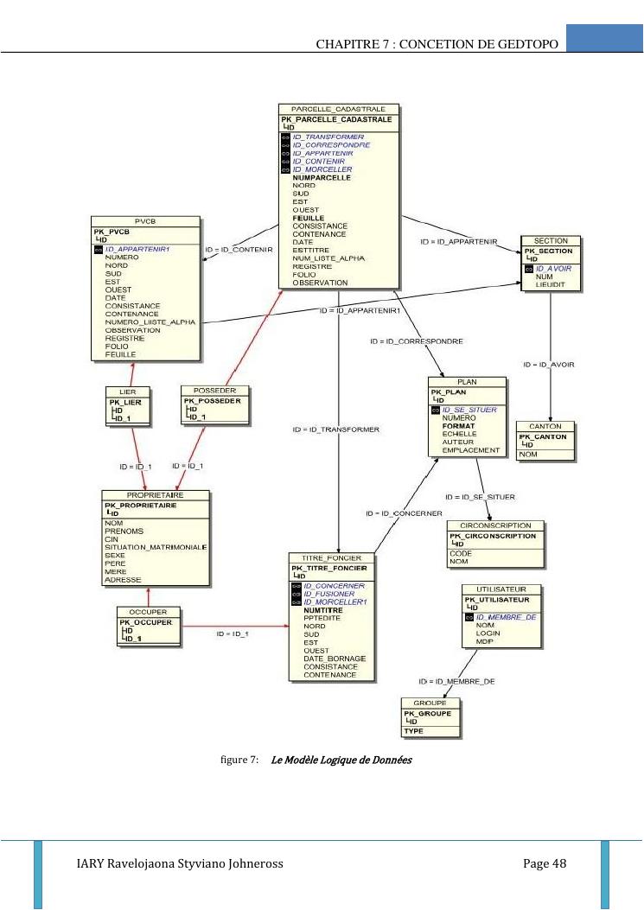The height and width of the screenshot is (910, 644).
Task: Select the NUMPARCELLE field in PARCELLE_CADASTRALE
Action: point(322,177)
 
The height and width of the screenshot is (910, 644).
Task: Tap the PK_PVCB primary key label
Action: point(112,231)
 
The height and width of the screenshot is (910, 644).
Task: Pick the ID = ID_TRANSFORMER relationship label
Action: point(335,430)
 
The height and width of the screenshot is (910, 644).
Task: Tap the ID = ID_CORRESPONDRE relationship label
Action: point(416,341)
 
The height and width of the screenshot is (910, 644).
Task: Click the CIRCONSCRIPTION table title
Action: point(496,525)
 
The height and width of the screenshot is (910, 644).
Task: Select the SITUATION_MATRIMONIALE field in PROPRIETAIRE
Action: point(155,547)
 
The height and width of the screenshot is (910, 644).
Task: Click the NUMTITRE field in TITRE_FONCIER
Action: point(324,610)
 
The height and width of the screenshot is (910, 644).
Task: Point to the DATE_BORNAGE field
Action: point(335,659)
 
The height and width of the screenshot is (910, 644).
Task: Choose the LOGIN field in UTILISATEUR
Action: point(488,633)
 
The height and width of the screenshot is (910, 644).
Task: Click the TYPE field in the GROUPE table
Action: point(413,731)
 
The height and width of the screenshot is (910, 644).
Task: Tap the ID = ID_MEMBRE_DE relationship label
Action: point(456,681)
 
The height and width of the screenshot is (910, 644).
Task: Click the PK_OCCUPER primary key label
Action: point(146,621)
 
